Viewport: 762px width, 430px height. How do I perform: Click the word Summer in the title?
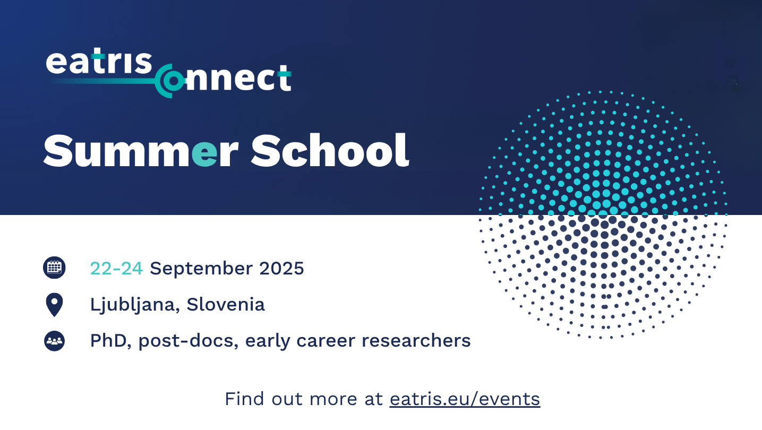click(141, 150)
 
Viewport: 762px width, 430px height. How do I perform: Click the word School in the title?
click(330, 150)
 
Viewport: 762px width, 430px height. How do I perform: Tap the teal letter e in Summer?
click(204, 155)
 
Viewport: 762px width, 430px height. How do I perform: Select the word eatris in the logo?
click(99, 63)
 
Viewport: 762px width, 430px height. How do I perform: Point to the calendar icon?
click(54, 268)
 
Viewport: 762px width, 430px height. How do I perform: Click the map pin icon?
click(54, 305)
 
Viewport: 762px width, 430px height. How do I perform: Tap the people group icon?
click(54, 341)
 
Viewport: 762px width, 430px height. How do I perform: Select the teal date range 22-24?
click(116, 269)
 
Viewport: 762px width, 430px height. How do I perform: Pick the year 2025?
click(281, 269)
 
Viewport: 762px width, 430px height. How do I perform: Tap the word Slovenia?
click(226, 305)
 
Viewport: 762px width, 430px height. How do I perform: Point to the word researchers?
click(416, 341)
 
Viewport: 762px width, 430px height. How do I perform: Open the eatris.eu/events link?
click(465, 399)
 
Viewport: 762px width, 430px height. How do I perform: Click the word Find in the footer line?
click(244, 399)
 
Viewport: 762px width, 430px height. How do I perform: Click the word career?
click(326, 341)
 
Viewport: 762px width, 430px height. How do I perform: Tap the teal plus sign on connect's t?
click(284, 73)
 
